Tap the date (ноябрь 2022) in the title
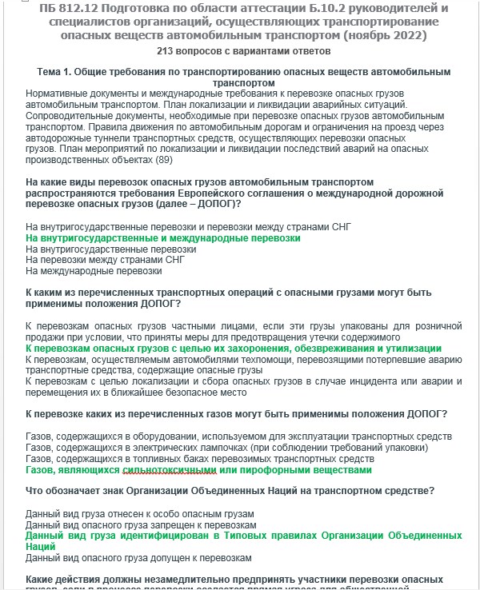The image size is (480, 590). pyautogui.click(x=381, y=36)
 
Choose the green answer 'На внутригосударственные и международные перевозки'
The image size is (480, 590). pyautogui.click(x=163, y=238)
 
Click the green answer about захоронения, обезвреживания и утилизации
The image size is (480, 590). pyautogui.click(x=234, y=349)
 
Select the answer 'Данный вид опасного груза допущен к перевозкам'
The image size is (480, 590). pyautogui.click(x=139, y=557)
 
